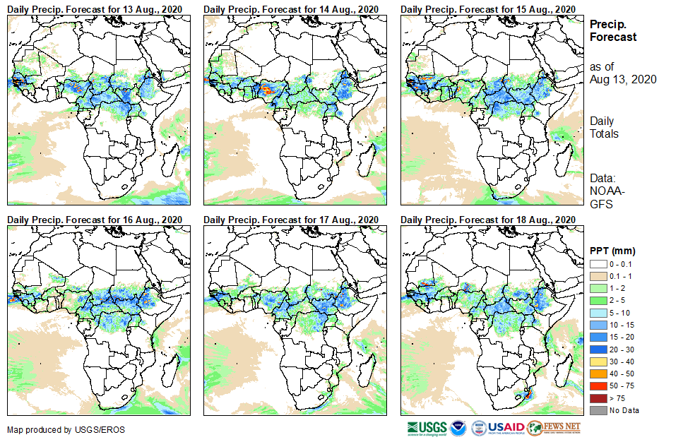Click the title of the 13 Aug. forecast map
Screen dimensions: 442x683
coord(94,8)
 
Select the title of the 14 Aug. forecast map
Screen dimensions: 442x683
coord(291,8)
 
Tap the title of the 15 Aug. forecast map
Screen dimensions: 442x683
coord(487,8)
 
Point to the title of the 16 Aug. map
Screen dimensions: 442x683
coord(94,220)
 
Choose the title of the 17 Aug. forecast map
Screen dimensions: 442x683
coord(291,220)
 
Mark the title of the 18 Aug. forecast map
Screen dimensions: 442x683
coord(487,220)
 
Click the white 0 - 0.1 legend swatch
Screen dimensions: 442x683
coord(599,263)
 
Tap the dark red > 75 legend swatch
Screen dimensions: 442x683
coord(599,399)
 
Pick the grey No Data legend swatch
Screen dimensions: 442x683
coord(599,410)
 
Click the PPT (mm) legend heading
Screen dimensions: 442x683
coord(612,251)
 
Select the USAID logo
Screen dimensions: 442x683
coord(498,428)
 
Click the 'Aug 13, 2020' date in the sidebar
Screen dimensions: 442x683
coord(623,80)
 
